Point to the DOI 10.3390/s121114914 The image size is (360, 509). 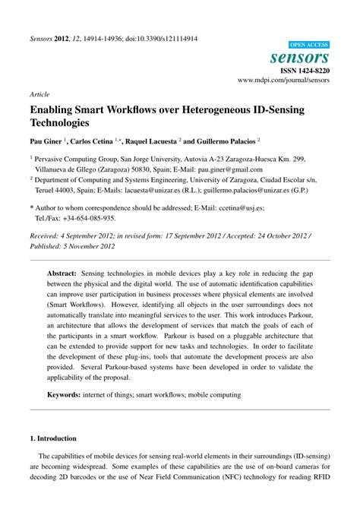pyautogui.click(x=163, y=39)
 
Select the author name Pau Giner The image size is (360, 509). pyautogui.click(x=48, y=141)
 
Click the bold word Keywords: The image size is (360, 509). pyautogui.click(x=66, y=394)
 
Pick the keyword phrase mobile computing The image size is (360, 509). pyautogui.click(x=214, y=394)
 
